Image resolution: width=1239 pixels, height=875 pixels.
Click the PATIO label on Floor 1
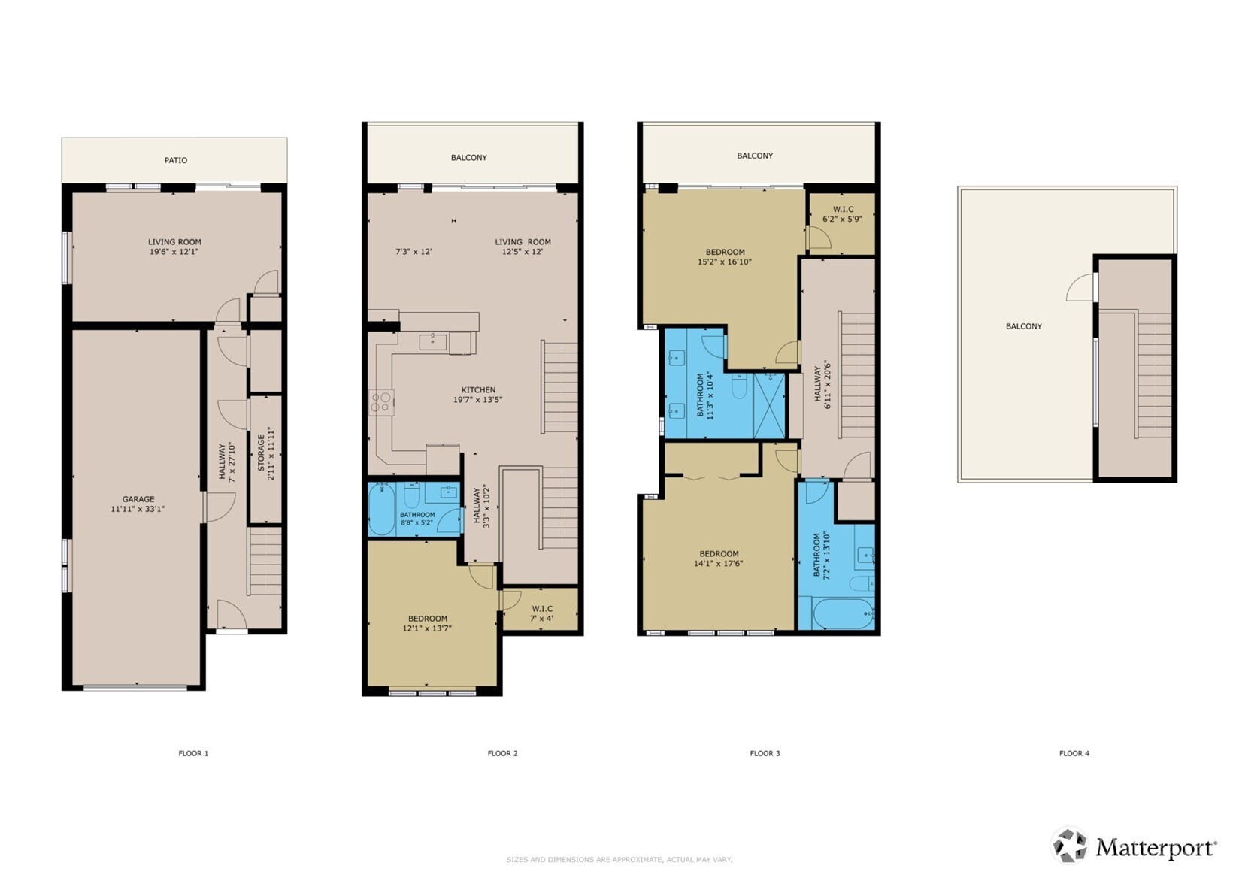(x=175, y=160)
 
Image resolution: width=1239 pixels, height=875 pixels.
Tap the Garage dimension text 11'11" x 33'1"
(x=138, y=509)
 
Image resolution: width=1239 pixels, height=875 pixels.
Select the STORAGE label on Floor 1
(x=261, y=453)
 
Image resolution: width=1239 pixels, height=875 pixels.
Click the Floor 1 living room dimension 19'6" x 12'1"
(x=174, y=252)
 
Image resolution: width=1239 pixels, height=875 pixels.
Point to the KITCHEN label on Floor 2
(x=478, y=390)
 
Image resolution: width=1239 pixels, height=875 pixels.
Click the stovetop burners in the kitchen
(x=381, y=402)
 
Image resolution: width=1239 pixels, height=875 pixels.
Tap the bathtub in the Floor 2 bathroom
(x=382, y=510)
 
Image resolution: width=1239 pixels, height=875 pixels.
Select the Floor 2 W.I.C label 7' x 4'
(x=541, y=619)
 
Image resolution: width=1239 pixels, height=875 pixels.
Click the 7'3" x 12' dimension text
(x=414, y=252)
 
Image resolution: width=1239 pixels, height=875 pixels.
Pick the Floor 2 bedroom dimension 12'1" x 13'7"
(x=427, y=628)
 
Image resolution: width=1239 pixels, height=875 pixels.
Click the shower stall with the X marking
(x=769, y=406)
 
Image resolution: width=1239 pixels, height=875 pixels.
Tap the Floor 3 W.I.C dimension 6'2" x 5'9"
(x=842, y=219)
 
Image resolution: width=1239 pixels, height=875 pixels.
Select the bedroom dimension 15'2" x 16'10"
(x=725, y=262)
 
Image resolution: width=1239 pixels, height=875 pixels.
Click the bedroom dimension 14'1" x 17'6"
(x=719, y=564)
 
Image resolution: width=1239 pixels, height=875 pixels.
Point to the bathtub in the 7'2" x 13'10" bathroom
(x=843, y=613)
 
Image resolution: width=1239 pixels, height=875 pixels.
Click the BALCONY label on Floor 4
(x=1023, y=326)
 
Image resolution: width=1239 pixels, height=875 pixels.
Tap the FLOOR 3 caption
(x=765, y=753)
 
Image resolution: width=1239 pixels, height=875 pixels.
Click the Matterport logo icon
(x=1069, y=845)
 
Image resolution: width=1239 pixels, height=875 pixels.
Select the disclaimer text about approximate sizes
(x=619, y=859)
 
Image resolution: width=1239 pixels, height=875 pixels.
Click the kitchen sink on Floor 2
(x=432, y=342)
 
